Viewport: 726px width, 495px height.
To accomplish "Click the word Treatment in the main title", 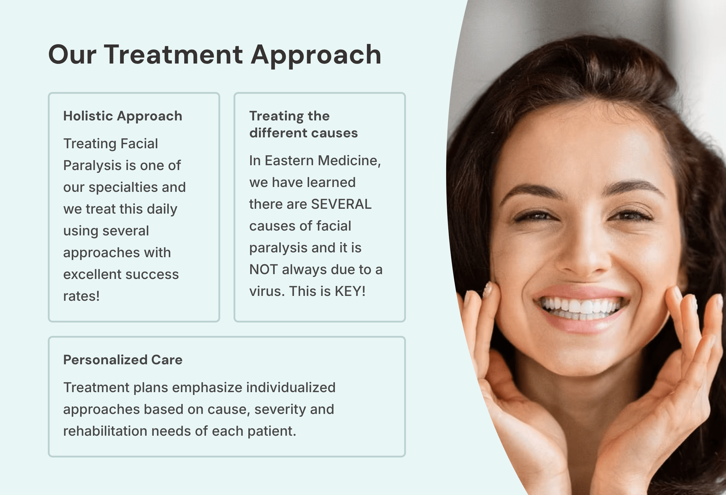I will [173, 55].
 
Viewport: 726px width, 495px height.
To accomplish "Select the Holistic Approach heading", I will [123, 116].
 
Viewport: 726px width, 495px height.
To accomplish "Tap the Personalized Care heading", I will [123, 360].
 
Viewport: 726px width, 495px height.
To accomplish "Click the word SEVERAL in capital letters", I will [341, 204].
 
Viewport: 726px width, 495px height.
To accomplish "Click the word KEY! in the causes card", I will [350, 291].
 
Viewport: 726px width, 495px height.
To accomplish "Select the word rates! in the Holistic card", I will [81, 296].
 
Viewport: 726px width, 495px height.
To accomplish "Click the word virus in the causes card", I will [267, 291].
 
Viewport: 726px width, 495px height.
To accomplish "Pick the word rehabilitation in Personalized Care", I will [105, 431].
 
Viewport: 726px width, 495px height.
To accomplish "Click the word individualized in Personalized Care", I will [290, 388].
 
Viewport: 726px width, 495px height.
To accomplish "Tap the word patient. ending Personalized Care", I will [271, 431].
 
